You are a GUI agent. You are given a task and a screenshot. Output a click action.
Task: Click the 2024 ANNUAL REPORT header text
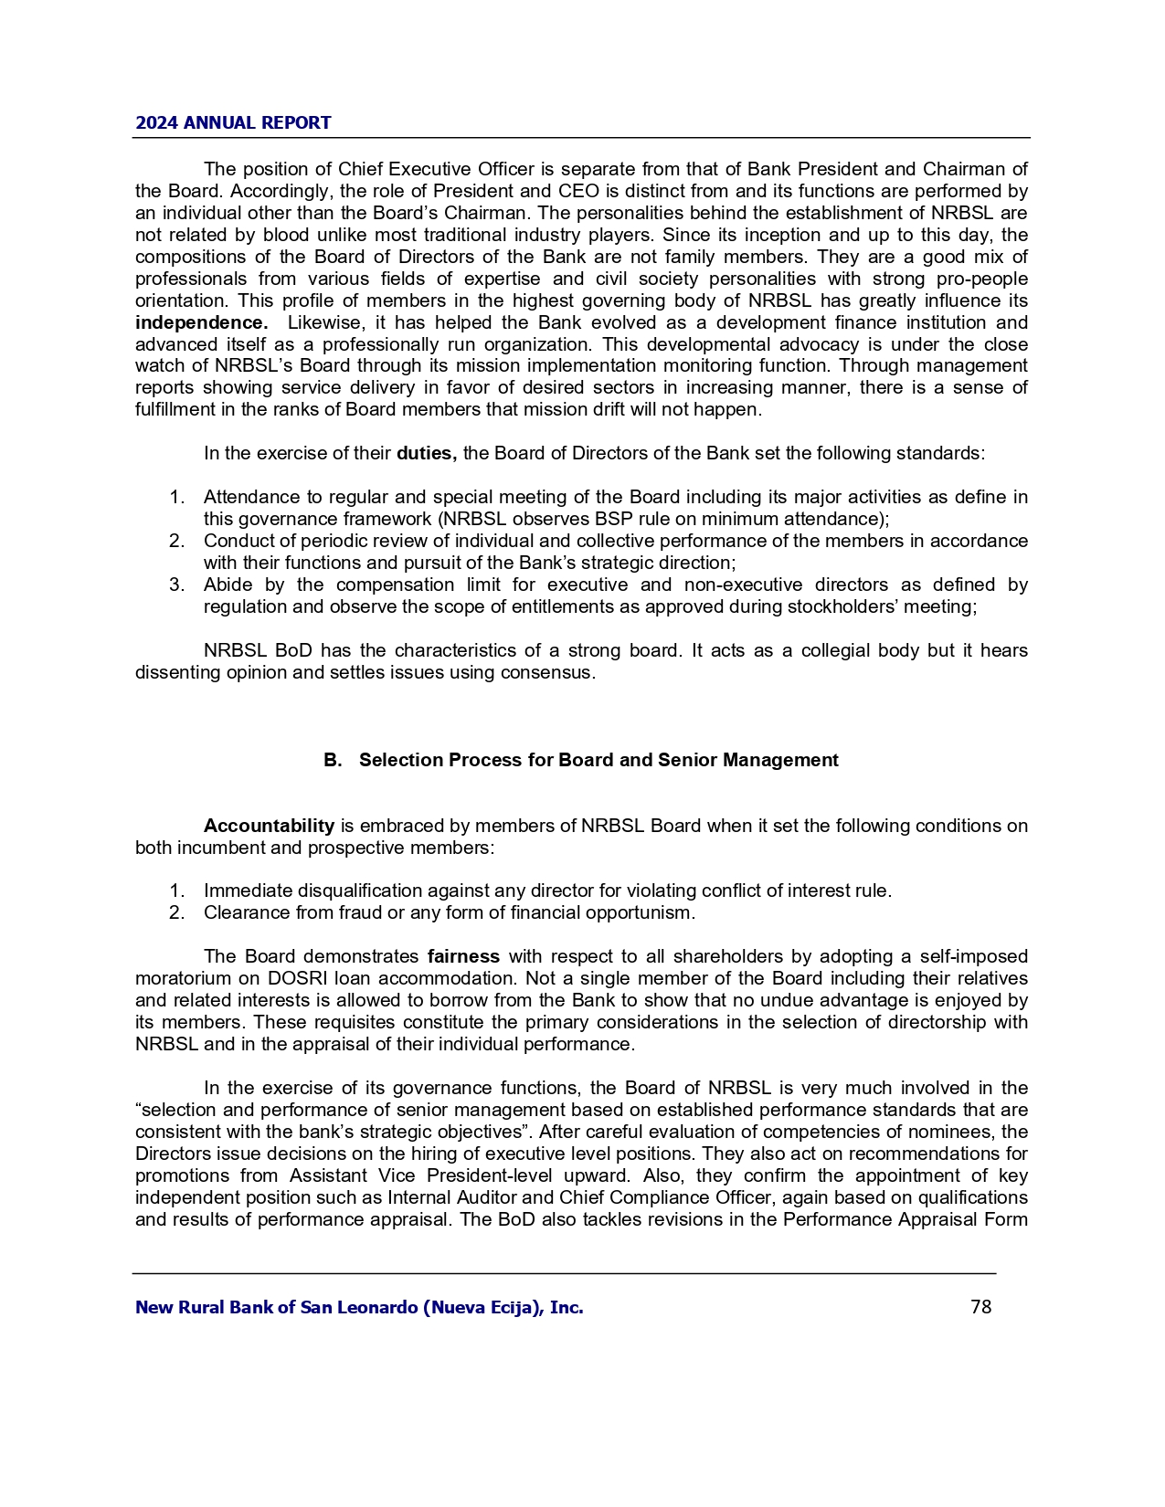coord(233,123)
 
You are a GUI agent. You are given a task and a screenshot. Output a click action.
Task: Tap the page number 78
coord(980,1307)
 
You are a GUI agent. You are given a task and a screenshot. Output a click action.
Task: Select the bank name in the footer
coord(359,1308)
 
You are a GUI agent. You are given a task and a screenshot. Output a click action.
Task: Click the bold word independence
coord(201,322)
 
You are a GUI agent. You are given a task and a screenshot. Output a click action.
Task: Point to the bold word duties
coord(426,453)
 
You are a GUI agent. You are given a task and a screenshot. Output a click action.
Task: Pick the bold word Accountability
coord(269,826)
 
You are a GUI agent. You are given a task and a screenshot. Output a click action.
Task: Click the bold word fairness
coord(463,956)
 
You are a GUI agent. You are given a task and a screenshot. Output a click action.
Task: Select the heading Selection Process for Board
coord(598,760)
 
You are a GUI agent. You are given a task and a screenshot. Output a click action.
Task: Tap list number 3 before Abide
coord(177,585)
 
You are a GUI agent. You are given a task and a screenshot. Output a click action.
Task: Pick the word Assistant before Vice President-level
coord(329,1175)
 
